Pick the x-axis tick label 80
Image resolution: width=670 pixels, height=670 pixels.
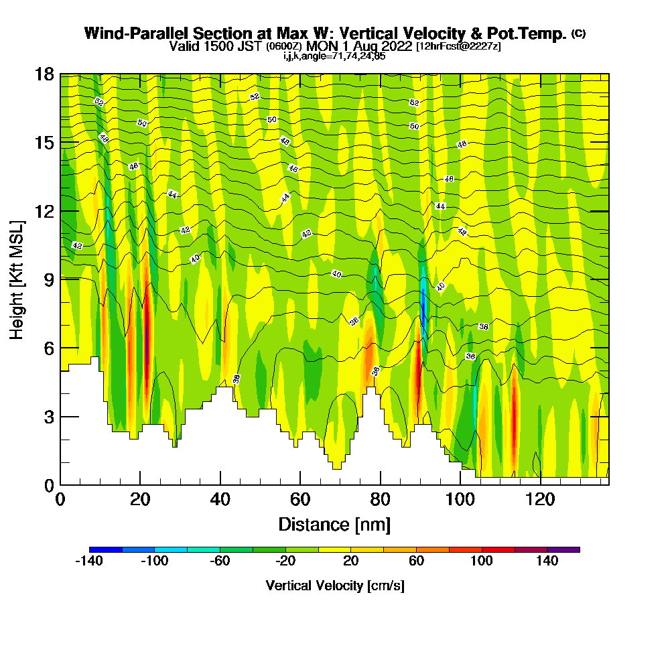[x=380, y=499]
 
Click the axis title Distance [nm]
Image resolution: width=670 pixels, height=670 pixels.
[x=334, y=524]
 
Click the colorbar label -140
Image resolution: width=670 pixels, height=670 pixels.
[x=88, y=561]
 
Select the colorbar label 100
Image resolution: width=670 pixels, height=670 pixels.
[x=482, y=561]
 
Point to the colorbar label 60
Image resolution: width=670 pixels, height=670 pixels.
[x=417, y=561]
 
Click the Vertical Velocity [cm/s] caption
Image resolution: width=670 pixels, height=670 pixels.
[x=334, y=586]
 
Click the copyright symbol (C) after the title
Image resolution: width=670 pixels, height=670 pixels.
[x=578, y=33]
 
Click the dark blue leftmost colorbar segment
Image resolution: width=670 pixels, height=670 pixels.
[x=105, y=549]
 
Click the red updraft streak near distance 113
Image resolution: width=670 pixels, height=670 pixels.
[x=514, y=415]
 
